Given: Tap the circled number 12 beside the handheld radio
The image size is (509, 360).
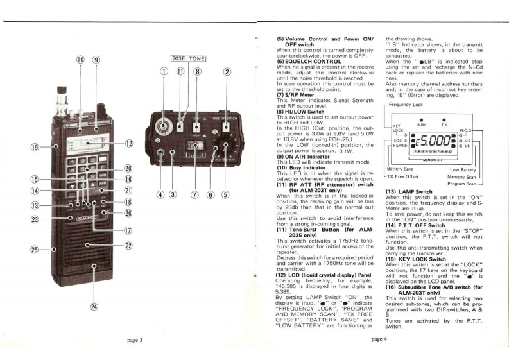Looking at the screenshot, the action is [x=130, y=144].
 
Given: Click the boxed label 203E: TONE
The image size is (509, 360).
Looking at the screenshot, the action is [x=187, y=58].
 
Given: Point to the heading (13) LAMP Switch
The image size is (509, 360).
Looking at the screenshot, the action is [x=410, y=191].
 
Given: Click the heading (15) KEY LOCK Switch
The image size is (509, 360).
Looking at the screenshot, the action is [x=415, y=252].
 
